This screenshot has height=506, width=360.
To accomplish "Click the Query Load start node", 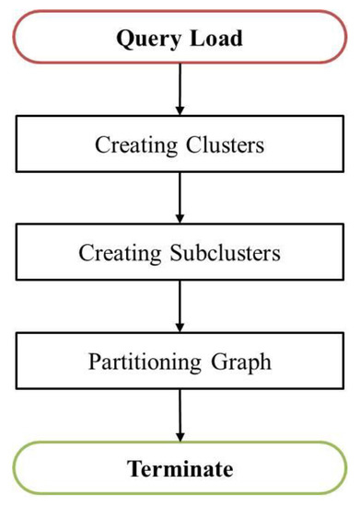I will (x=180, y=39).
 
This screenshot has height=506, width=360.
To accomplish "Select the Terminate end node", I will (x=180, y=468).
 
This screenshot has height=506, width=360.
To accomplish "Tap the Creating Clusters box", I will (x=180, y=145).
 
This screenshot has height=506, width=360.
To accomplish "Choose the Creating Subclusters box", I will (x=180, y=253).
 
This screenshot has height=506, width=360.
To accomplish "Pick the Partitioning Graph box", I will (x=180, y=361).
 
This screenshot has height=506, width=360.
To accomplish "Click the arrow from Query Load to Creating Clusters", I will (x=180, y=91).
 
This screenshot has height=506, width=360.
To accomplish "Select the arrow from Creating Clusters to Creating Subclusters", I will (x=180, y=199).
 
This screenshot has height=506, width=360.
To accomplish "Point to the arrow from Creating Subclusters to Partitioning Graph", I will (x=180, y=306).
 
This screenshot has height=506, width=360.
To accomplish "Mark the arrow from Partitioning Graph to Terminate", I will (x=180, y=414).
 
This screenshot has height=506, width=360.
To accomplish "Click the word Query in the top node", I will (x=147, y=40).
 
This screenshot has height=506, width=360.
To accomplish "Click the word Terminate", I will (x=180, y=468).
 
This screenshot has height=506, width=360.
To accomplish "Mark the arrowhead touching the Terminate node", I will (x=180, y=435).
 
